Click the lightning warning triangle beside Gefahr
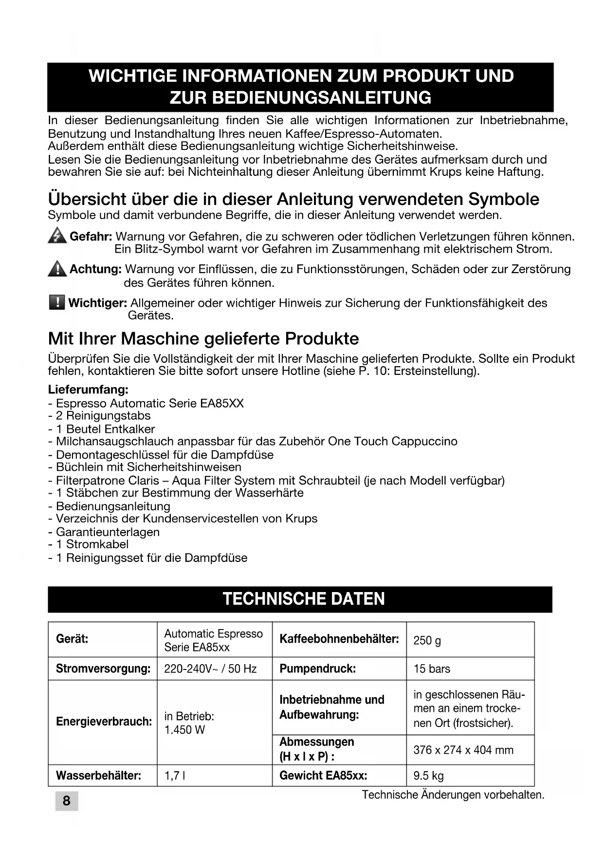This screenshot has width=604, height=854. [57, 236]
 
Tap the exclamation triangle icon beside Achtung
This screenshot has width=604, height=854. [57, 269]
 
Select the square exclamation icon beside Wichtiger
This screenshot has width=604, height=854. [57, 302]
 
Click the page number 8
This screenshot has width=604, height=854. [67, 800]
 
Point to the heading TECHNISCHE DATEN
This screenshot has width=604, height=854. [303, 599]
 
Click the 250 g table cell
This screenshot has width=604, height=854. [427, 640]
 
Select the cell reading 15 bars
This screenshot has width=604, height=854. [432, 669]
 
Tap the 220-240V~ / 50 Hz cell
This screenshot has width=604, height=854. [210, 669]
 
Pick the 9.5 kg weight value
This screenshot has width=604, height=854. [428, 776]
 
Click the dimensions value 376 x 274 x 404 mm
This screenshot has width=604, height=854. [463, 750]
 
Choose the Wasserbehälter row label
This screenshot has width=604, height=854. [98, 776]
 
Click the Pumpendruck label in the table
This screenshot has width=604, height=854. [317, 669]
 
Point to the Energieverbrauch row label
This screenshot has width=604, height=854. [104, 722]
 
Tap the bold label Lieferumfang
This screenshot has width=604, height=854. [88, 390]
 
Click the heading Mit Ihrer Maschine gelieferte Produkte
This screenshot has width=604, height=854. [203, 338]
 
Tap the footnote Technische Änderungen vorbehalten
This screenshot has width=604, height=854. [453, 795]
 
